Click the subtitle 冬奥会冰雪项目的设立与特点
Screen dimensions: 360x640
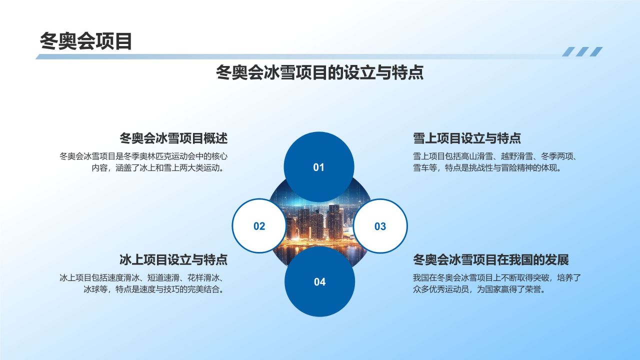coord(319,73)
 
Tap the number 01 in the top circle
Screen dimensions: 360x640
coord(319,167)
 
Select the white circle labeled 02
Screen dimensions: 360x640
coord(259,226)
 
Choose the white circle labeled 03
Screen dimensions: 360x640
coord(380,226)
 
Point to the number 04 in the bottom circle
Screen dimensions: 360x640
coord(319,282)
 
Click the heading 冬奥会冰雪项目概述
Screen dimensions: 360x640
coord(173,138)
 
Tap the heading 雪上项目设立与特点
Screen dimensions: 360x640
coord(467,138)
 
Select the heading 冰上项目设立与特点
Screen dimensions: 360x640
coord(173,260)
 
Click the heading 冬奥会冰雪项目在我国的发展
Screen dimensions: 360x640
coord(491,260)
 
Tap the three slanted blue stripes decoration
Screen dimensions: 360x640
coord(582,51)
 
